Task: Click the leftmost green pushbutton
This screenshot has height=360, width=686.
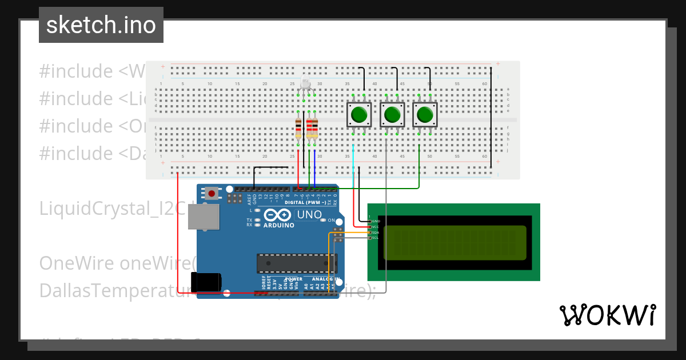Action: click(359, 115)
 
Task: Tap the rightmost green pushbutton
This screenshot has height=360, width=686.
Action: click(425, 115)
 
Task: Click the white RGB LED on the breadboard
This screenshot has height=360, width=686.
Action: click(305, 85)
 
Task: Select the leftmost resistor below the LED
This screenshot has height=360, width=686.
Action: click(298, 129)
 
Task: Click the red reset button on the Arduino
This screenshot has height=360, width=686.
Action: click(212, 193)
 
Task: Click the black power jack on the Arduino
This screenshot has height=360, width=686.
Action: click(206, 282)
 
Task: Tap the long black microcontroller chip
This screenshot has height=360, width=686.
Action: click(294, 263)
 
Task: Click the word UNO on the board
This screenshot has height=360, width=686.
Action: click(309, 215)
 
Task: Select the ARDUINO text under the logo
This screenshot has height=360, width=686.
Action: click(279, 225)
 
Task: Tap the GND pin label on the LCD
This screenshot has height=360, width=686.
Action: click(376, 221)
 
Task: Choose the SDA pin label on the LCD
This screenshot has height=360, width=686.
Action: click(376, 233)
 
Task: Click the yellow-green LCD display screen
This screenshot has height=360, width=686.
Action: click(454, 242)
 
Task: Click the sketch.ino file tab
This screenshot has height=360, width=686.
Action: click(101, 25)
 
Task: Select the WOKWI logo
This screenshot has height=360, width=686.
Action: click(607, 315)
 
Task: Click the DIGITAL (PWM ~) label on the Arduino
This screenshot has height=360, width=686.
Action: click(305, 202)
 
